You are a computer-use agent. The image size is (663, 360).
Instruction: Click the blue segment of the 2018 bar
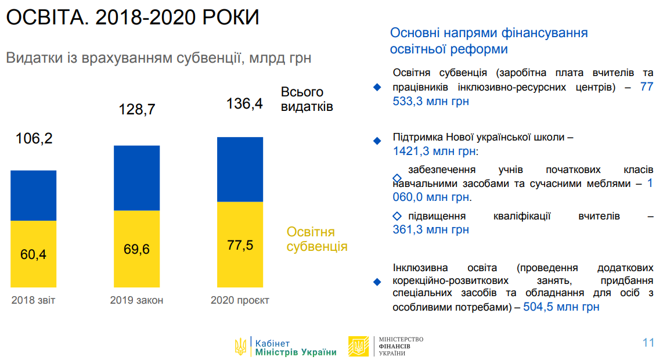tap(33, 196)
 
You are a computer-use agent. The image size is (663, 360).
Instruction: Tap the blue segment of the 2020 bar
tap(240, 169)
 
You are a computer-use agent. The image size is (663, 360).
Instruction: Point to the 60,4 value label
tap(33, 254)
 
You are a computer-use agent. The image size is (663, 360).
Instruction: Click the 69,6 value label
tap(136, 249)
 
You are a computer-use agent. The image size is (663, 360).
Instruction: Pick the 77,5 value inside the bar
tap(240, 244)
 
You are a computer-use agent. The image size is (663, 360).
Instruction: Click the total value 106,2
tap(34, 139)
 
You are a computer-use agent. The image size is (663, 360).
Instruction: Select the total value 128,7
tap(137, 109)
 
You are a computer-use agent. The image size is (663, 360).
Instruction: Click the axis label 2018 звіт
tap(33, 300)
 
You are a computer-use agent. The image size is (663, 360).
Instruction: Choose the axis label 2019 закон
tap(136, 300)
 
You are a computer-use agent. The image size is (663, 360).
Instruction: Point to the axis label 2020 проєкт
tap(240, 300)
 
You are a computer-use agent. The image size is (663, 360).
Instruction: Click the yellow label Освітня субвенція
tap(316, 239)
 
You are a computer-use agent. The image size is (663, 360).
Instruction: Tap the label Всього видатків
tap(307, 99)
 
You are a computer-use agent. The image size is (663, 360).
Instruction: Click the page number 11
tap(648, 342)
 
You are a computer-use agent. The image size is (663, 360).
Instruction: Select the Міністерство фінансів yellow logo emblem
tap(358, 347)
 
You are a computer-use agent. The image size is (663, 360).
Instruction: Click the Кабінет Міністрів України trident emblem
tap(240, 347)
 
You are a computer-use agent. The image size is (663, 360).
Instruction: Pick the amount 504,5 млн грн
tap(561, 307)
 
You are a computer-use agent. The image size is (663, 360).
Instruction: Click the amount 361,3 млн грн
tap(431, 229)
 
